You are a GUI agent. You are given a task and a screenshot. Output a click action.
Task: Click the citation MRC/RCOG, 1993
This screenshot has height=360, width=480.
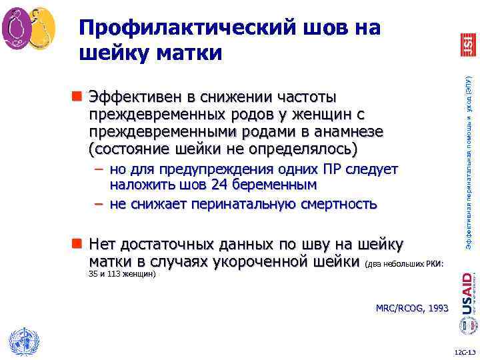412,308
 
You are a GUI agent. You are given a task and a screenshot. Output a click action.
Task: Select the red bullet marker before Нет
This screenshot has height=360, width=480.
78,243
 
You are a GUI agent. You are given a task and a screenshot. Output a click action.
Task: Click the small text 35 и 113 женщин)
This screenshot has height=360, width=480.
121,273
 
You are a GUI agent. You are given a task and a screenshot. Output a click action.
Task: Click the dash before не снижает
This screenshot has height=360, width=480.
98,203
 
